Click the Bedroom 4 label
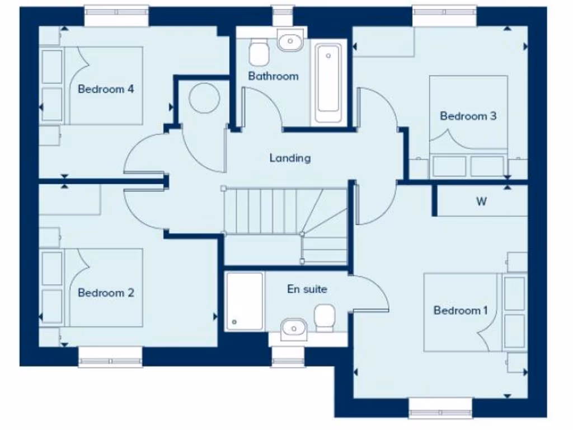[106, 89]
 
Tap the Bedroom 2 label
[106, 293]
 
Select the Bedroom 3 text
[468, 116]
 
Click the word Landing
[290, 158]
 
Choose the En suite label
[307, 289]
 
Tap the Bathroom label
[273, 76]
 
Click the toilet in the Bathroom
[259, 52]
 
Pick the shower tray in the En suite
[245, 301]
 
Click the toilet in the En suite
[324, 318]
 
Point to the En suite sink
[292, 328]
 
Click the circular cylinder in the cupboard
[204, 98]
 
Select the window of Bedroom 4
[116, 16]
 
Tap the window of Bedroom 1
[440, 407]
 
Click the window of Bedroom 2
[110, 357]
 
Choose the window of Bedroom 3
[445, 16]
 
